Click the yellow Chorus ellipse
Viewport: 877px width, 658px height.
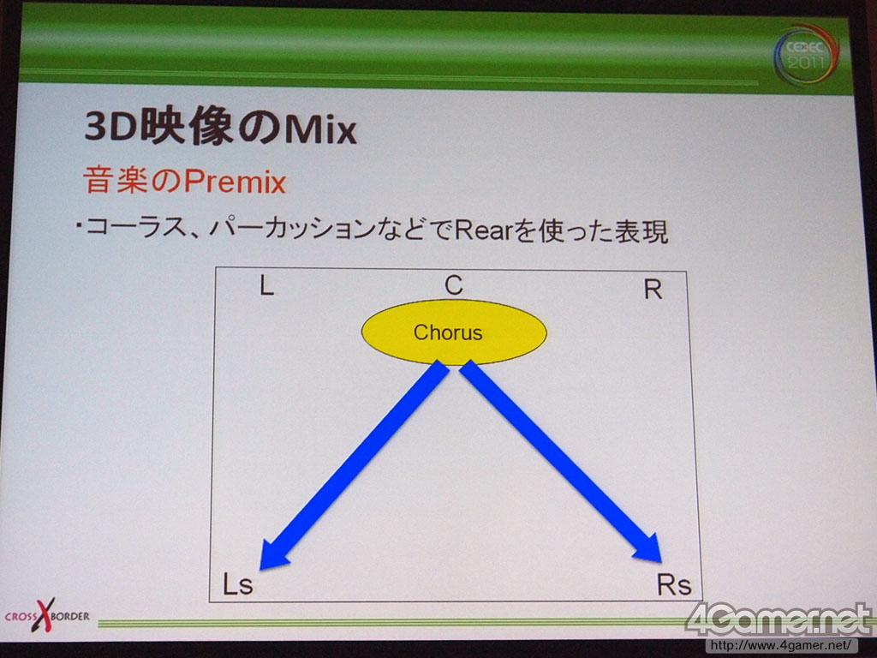pos(454,332)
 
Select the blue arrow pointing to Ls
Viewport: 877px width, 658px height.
pos(355,465)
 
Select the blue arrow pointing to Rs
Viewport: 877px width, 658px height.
pos(560,462)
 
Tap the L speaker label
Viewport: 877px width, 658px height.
pos(266,286)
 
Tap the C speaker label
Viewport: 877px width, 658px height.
pos(454,284)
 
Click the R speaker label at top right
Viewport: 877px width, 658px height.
pos(653,290)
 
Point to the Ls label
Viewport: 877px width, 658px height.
pos(238,583)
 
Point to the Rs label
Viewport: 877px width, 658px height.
pos(674,584)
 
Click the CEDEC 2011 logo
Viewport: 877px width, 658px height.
pos(807,54)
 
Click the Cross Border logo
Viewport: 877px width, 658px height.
pos(46,615)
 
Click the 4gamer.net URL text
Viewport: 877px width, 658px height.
pos(781,646)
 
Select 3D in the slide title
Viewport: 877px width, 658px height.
pos(110,127)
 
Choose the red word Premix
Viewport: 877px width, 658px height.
pos(235,182)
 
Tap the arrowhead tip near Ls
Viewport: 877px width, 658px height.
pos(260,570)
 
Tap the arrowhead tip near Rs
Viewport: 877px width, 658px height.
pos(661,562)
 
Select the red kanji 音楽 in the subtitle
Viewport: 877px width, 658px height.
pos(116,181)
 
